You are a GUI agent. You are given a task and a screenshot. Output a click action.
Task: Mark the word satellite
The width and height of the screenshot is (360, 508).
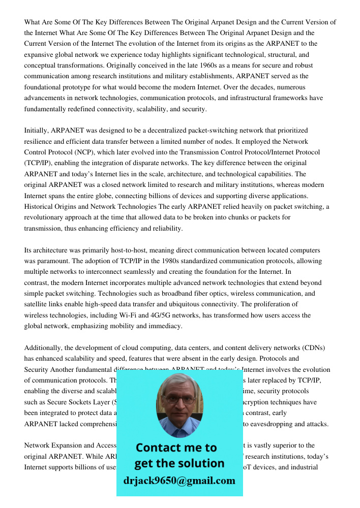click(37, 304)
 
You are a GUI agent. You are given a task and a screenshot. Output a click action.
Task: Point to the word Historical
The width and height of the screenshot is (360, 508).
click(40, 207)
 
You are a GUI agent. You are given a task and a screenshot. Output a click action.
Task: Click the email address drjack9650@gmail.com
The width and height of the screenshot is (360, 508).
click(179, 481)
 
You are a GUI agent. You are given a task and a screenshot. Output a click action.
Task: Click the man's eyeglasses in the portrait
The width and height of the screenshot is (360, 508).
click(179, 400)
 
